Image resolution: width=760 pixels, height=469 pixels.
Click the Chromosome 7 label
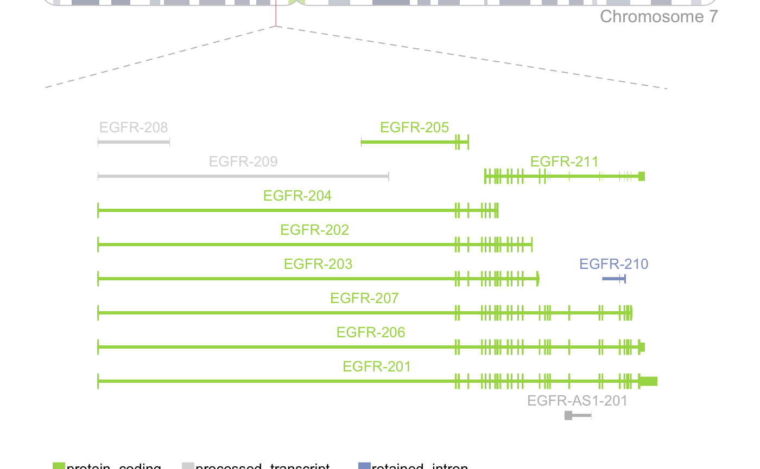pos(658,17)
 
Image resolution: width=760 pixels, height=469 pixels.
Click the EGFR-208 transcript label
pos(134,127)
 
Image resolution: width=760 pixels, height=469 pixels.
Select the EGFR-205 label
pos(415,127)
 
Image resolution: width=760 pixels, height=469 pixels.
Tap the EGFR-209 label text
pos(243,162)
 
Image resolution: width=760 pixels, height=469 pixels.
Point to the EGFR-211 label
pos(564,162)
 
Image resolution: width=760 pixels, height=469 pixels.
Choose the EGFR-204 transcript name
pos(297,196)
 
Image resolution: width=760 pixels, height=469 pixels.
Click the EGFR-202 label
pos(314,230)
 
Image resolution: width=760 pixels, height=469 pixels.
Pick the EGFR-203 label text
pos(318,264)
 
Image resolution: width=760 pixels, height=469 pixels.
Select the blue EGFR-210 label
pos(613,264)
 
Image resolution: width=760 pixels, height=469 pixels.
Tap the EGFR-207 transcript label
pos(364,298)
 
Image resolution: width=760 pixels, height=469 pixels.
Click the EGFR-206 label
pos(371,332)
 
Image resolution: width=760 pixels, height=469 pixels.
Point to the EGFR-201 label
pos(377,367)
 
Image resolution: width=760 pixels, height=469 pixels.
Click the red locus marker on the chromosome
pos(276,14)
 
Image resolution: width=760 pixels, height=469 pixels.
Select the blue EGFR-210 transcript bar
pos(614,279)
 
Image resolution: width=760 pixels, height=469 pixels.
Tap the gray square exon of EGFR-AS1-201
pos(568,415)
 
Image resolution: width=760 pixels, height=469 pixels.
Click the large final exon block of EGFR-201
pos(648,381)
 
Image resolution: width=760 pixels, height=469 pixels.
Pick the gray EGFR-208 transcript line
pos(134,142)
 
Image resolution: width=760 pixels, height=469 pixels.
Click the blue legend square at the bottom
pos(364,465)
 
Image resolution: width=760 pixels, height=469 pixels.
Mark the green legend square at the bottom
pos(59,465)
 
